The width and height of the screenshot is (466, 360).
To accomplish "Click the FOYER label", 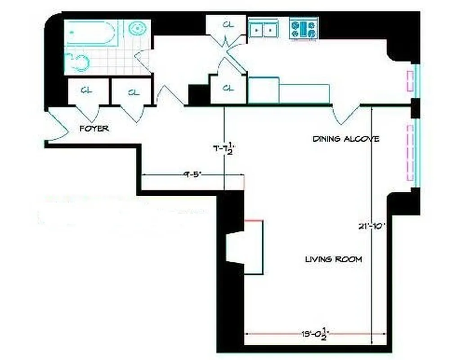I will pyautogui.click(x=94, y=129).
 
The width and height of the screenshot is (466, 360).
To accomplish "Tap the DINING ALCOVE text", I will pyautogui.click(x=345, y=139).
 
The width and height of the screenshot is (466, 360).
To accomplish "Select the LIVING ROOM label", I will pyautogui.click(x=333, y=259).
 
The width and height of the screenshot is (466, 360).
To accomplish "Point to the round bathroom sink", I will pyautogui.click(x=137, y=28).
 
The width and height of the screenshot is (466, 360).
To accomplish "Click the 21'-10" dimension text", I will pyautogui.click(x=372, y=227).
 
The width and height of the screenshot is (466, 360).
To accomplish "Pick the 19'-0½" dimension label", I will pyautogui.click(x=316, y=333).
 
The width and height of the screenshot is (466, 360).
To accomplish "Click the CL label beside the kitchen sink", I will pyautogui.click(x=228, y=25).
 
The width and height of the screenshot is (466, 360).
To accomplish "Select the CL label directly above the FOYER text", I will pyautogui.click(x=87, y=90).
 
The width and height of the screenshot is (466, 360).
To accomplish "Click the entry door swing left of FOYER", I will pyautogui.click(x=58, y=125).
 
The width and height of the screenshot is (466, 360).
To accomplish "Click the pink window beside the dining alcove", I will pyautogui.click(x=410, y=153).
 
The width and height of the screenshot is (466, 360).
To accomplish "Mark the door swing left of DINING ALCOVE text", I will pyautogui.click(x=345, y=114).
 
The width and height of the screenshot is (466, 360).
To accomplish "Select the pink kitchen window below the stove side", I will pyautogui.click(x=410, y=81).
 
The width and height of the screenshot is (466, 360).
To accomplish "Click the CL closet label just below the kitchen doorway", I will pyautogui.click(x=229, y=88).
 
